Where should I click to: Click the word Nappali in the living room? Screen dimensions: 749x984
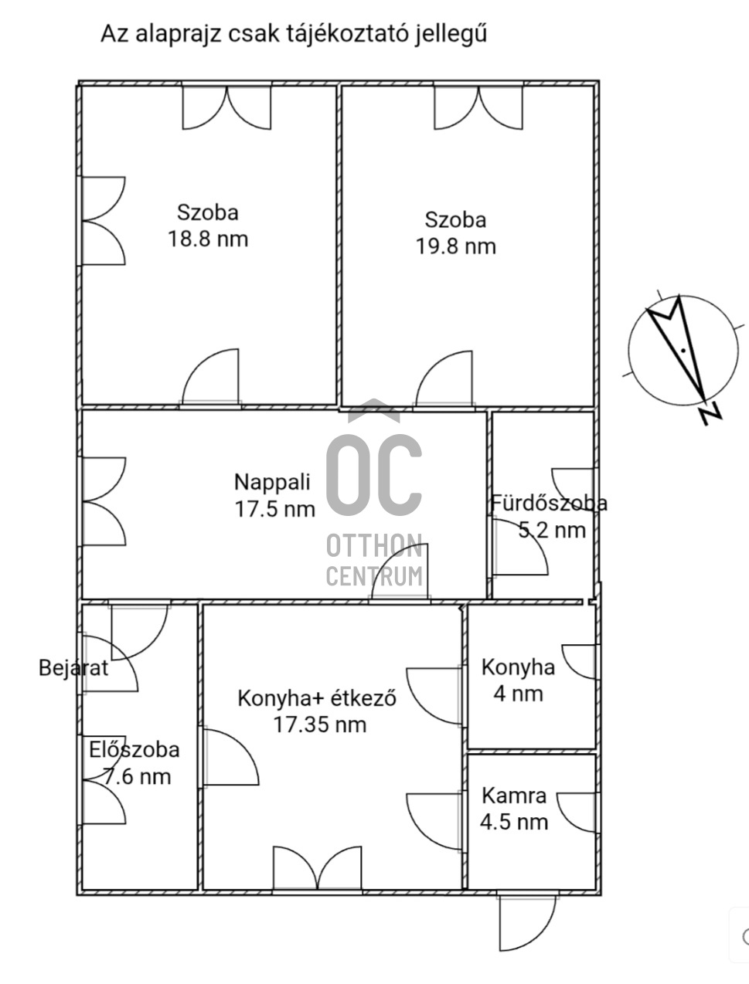[x=272, y=483]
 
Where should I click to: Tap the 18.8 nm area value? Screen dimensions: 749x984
[x=208, y=239]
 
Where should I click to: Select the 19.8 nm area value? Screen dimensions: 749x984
[x=456, y=246]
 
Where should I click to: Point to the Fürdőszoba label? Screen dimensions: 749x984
[x=550, y=503]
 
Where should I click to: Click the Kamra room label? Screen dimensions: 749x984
[x=514, y=796]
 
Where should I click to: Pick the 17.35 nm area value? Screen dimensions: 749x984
[x=320, y=724]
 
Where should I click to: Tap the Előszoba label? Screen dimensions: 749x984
[x=134, y=749]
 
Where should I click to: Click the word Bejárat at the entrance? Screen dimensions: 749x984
[x=73, y=668]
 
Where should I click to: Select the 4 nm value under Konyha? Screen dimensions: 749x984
[x=518, y=694]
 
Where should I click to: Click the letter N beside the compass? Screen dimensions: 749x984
[x=712, y=415]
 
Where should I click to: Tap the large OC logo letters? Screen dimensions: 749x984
[x=374, y=475]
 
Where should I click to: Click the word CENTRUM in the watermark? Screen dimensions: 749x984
[x=374, y=576]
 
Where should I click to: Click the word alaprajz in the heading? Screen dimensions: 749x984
[x=178, y=35]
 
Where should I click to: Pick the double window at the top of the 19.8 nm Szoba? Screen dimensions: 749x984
[x=478, y=107]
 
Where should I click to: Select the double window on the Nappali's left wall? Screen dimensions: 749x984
[x=103, y=501]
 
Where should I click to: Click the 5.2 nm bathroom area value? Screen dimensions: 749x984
[x=552, y=530]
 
